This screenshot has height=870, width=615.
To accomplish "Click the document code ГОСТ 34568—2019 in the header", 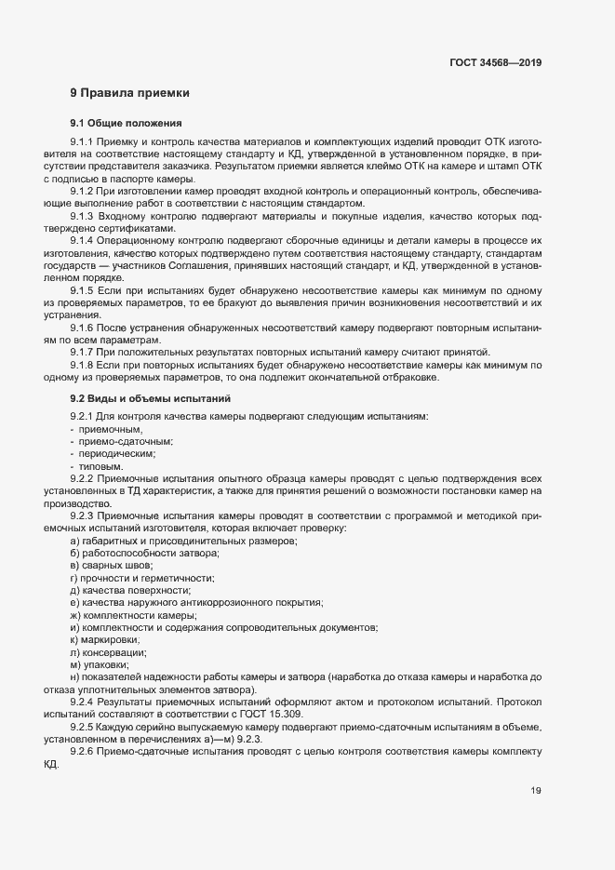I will coord(496,63).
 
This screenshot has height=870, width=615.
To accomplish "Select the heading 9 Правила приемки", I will coord(129,93).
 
